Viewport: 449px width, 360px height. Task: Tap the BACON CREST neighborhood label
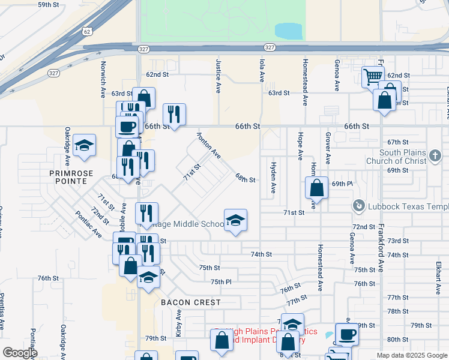click(x=191, y=302)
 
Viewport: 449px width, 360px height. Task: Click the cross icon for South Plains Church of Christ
click(x=435, y=157)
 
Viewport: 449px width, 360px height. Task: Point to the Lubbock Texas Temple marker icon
click(x=359, y=206)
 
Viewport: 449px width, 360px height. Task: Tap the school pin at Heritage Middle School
click(x=235, y=221)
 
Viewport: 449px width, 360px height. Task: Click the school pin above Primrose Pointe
click(x=85, y=145)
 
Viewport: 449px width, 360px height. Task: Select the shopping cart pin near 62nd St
click(x=373, y=76)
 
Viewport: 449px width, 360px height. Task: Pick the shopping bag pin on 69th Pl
click(x=316, y=187)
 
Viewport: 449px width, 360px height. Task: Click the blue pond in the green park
click(x=289, y=31)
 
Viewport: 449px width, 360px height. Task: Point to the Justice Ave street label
click(x=218, y=76)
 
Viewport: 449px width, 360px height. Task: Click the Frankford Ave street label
click(x=381, y=251)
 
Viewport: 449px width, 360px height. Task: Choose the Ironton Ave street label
click(x=208, y=146)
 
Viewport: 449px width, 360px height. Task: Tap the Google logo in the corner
click(x=20, y=353)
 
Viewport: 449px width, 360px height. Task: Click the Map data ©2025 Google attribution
click(x=411, y=355)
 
